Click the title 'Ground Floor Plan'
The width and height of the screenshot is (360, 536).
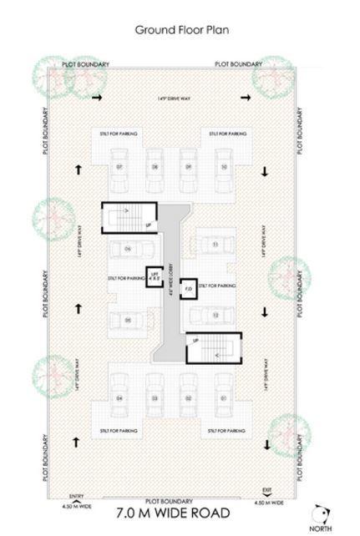[182, 30]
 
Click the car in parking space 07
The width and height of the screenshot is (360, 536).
[119, 167]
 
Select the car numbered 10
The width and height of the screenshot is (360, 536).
[224, 167]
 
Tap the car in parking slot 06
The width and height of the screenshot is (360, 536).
[128, 248]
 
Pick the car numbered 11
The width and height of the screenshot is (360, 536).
[215, 244]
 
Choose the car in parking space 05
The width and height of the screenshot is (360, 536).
[128, 320]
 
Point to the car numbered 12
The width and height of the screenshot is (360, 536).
[215, 315]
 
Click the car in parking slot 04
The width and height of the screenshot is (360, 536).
[119, 398]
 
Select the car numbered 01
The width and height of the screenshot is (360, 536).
[224, 398]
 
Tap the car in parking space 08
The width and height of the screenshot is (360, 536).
[155, 167]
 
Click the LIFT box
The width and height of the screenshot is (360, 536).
[154, 276]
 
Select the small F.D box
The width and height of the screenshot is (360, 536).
[188, 289]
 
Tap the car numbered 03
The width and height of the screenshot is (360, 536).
[155, 398]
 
